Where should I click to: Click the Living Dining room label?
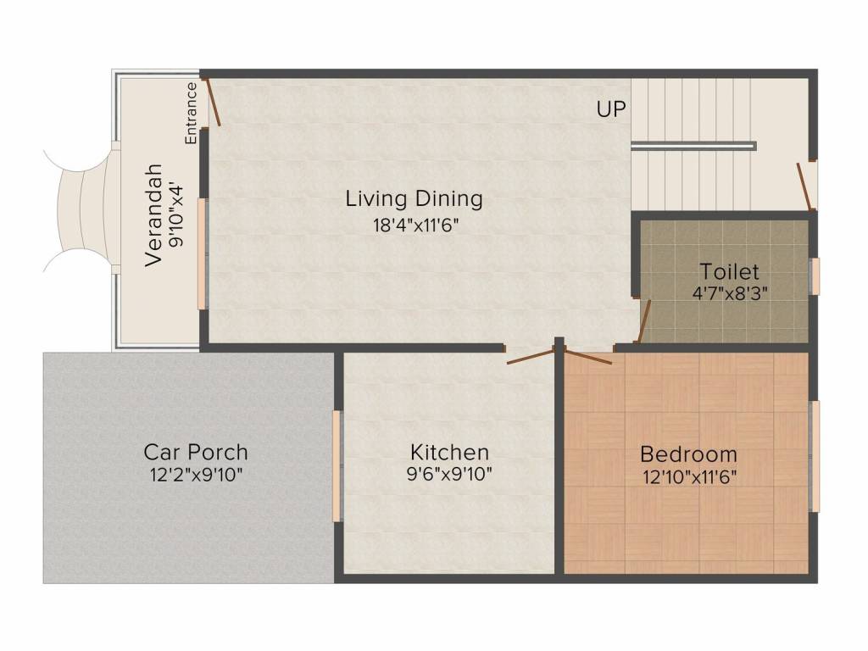point(414,199)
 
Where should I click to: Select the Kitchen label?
point(449,452)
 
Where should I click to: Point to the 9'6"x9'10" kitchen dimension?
point(449,474)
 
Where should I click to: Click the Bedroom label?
point(688,453)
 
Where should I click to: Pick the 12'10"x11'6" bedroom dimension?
point(688,476)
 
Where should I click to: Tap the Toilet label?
point(729,272)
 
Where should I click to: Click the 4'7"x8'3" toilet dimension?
point(729,294)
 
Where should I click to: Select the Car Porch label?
point(196,452)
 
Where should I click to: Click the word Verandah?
point(153,215)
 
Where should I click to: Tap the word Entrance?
point(192,112)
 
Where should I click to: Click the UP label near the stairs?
point(610,109)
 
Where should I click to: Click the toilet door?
point(643,321)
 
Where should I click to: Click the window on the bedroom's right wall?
point(815,456)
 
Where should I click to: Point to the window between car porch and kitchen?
point(337,466)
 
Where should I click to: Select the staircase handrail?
point(693,146)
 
